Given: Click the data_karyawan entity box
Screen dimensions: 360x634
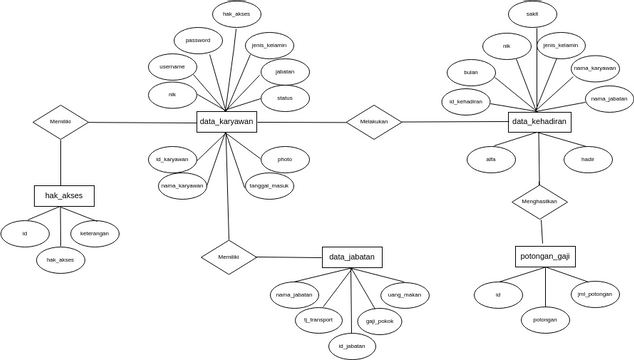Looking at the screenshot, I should pyautogui.click(x=227, y=121).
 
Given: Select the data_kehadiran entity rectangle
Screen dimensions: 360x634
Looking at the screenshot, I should pyautogui.click(x=539, y=121).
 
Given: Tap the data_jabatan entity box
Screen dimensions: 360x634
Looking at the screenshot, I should pyautogui.click(x=352, y=257).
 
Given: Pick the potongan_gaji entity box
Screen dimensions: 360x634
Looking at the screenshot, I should pyautogui.click(x=545, y=256).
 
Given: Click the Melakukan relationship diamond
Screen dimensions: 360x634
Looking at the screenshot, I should pyautogui.click(x=374, y=122).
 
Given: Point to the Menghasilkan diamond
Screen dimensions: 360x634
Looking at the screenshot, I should pyautogui.click(x=539, y=201).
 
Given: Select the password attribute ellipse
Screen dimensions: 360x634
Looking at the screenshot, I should pyautogui.click(x=198, y=41).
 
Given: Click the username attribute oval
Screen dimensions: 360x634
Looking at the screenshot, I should pyautogui.click(x=172, y=67).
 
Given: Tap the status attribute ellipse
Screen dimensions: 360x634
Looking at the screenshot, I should pyautogui.click(x=285, y=98).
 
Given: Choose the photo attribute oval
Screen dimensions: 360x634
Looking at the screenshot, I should pyautogui.click(x=285, y=159).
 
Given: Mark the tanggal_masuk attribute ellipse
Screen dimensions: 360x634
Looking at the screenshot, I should pyautogui.click(x=269, y=186).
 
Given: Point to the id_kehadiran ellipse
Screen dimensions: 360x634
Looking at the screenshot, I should pyautogui.click(x=466, y=102).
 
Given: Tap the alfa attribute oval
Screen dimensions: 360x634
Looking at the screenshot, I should pyautogui.click(x=491, y=159).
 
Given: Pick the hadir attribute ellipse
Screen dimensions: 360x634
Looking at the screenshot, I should pyautogui.click(x=588, y=159).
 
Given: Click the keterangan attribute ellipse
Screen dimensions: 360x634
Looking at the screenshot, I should pyautogui.click(x=95, y=234).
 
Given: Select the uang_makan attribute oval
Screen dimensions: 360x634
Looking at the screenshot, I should pyautogui.click(x=404, y=295).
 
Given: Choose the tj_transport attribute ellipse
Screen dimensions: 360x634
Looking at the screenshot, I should pyautogui.click(x=319, y=320).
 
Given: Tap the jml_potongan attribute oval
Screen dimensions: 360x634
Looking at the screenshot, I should pyautogui.click(x=595, y=294).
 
